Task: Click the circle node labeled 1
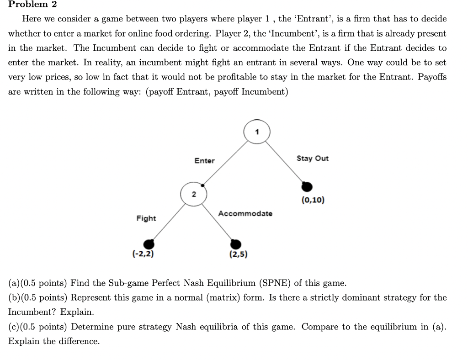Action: [x=257, y=132]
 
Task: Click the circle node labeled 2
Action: [x=193, y=194]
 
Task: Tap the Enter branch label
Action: [x=204, y=160]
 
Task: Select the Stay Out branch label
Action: [x=313, y=158]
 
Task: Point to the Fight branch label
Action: [x=146, y=218]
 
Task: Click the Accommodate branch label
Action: [x=245, y=213]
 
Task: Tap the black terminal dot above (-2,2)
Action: [x=148, y=244]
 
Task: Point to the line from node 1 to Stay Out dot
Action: [x=286, y=162]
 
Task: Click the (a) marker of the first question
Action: [x=14, y=283]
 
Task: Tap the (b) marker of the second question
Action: [x=14, y=297]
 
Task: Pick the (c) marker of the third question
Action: [x=14, y=327]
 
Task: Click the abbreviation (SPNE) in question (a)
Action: [x=275, y=283]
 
